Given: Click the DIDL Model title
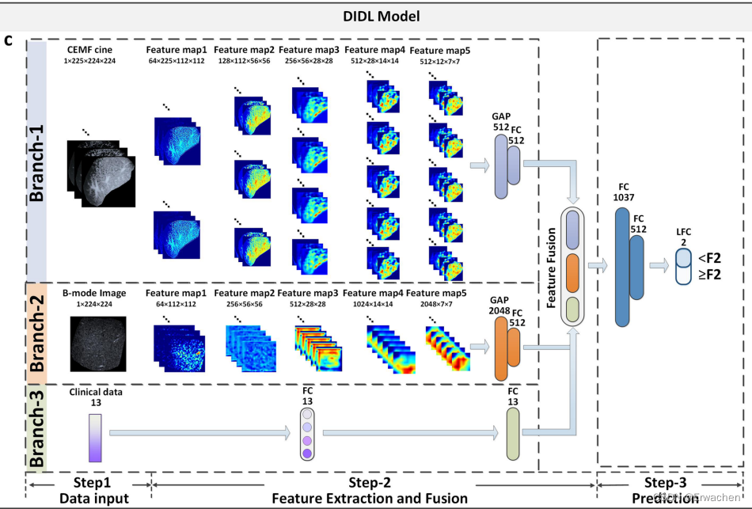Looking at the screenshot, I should [375, 16].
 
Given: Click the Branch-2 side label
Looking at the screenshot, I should [37, 332].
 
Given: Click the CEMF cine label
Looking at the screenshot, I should [89, 50].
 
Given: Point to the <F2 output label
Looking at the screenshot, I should [708, 257].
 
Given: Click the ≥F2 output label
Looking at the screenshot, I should [708, 275].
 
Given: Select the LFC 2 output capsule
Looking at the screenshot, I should [682, 266].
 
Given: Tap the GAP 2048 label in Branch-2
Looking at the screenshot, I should [499, 306].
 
